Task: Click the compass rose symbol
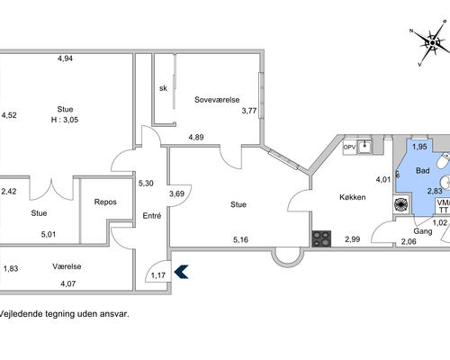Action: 433,43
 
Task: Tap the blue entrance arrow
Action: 181,272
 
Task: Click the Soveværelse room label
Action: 217,100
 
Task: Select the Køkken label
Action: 353,197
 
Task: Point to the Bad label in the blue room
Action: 423,171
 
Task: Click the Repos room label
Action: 105,202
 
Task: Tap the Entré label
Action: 152,216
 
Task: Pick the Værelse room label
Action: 67,266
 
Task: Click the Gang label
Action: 423,231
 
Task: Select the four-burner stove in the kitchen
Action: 321,238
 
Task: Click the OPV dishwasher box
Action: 349,148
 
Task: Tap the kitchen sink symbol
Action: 364,147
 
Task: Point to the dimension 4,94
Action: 65,58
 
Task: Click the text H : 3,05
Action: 65,120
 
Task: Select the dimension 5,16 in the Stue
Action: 240,239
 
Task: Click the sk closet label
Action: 163,88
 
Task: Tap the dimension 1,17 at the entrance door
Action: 158,275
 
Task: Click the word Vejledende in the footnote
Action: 21,314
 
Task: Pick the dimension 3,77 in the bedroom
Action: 249,111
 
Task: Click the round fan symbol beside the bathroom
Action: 400,204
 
